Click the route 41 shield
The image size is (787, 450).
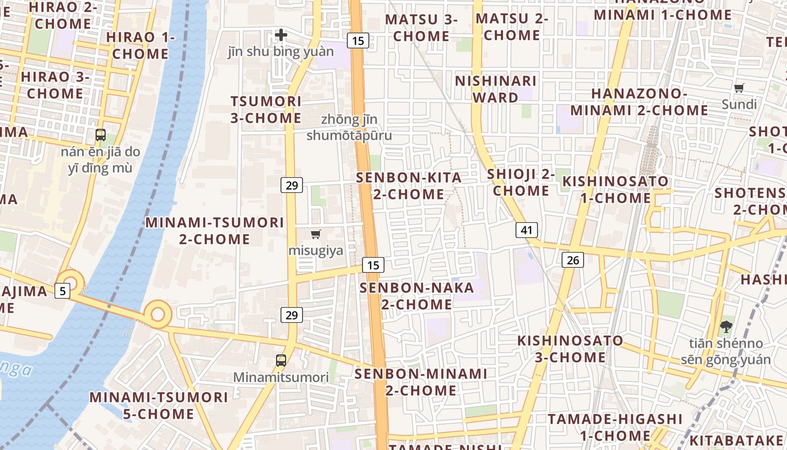click(x=526, y=229)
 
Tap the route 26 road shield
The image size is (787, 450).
click(x=572, y=260)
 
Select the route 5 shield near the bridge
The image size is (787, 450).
click(x=62, y=291)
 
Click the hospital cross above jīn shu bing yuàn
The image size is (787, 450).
click(x=281, y=35)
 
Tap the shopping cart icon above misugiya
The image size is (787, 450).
click(x=316, y=234)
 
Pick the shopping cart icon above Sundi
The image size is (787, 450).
click(x=739, y=88)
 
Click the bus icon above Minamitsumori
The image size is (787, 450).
click(x=281, y=360)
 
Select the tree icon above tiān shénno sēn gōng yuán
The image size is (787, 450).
click(x=726, y=326)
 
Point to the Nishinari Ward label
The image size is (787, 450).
click(x=495, y=89)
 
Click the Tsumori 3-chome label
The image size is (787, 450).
click(x=266, y=110)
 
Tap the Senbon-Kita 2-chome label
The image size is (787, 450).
click(x=409, y=186)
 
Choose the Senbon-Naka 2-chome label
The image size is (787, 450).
click(x=417, y=296)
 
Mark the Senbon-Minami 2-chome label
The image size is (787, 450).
click(x=420, y=382)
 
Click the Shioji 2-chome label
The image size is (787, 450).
click(x=521, y=182)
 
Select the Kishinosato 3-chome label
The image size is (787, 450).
click(x=570, y=349)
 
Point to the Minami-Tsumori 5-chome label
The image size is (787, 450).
click(x=159, y=406)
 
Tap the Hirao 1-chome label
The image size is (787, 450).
click(x=141, y=46)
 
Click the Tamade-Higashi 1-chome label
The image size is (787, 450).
click(x=615, y=427)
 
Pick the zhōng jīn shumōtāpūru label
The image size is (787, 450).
click(x=349, y=128)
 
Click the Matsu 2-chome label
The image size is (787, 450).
click(x=512, y=27)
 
